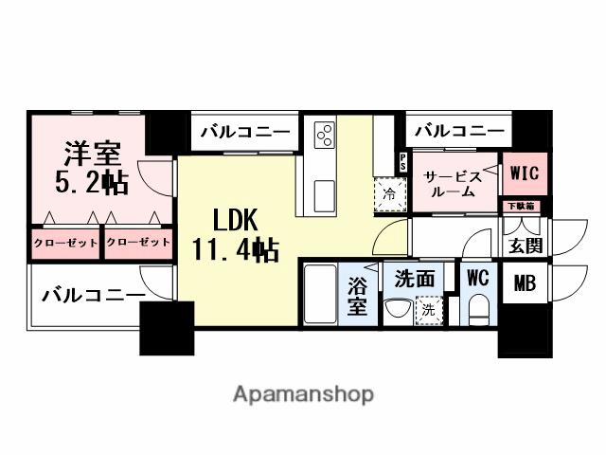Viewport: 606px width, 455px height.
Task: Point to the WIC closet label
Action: pyautogui.click(x=523, y=173)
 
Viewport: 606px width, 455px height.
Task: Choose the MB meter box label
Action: pyautogui.click(x=524, y=282)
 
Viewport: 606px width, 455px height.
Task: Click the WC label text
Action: pyautogui.click(x=477, y=278)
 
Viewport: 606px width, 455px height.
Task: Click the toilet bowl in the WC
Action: pyautogui.click(x=478, y=307)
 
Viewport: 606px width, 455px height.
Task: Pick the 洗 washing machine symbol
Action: pyautogui.click(x=429, y=309)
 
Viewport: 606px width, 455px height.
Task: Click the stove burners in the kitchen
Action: pyautogui.click(x=325, y=135)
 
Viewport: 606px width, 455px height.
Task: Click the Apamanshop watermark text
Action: pyautogui.click(x=303, y=393)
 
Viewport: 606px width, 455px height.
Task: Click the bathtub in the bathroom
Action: pyautogui.click(x=322, y=296)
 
